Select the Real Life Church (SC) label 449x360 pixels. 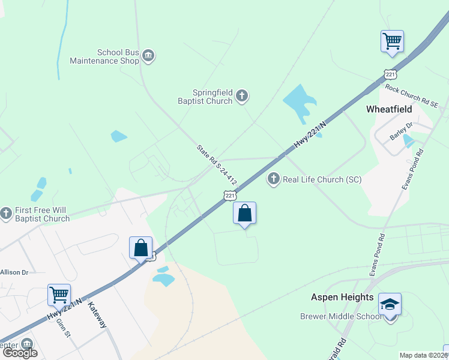pos(322,179)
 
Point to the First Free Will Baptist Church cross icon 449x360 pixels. pos(6,212)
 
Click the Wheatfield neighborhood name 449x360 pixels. pos(389,109)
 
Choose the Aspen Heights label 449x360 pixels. pos(342,297)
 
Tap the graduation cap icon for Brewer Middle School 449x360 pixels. pos(390,305)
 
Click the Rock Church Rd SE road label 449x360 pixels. pos(412,96)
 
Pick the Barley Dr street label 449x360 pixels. pos(402,130)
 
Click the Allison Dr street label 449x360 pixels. pos(14,272)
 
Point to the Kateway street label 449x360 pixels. pos(97,314)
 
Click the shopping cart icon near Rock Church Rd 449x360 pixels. pos(392,41)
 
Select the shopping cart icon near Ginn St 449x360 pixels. pos(59,295)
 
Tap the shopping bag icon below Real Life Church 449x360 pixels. pos(244,213)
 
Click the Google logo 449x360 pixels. pos(20,353)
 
